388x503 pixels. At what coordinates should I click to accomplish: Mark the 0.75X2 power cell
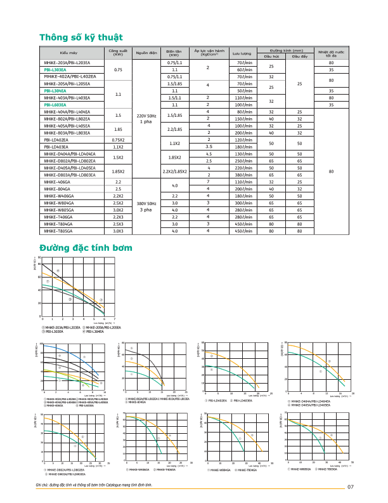click(x=118, y=140)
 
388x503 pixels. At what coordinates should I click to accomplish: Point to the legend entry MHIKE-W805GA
click(x=300, y=468)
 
